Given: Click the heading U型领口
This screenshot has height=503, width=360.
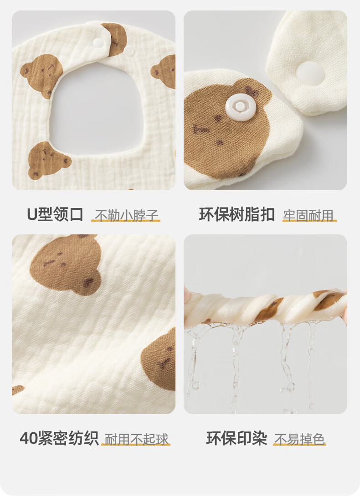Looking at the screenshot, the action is (x=55, y=214).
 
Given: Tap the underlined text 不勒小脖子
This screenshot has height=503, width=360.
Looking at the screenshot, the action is (x=126, y=215).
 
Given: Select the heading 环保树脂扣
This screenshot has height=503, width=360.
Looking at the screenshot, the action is (x=237, y=214).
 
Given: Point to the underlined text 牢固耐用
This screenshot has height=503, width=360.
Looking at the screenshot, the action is (x=309, y=215).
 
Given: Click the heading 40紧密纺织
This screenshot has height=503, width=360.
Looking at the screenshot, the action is (x=59, y=438).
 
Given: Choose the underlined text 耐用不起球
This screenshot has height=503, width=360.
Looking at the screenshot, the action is (x=136, y=439).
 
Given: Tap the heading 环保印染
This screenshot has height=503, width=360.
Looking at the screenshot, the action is (x=237, y=438).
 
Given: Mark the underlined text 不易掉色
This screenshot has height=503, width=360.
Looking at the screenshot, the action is (x=299, y=439).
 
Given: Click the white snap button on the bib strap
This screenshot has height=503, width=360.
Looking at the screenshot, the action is (x=98, y=42).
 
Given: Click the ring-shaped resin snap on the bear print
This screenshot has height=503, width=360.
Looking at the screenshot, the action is (x=238, y=107).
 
